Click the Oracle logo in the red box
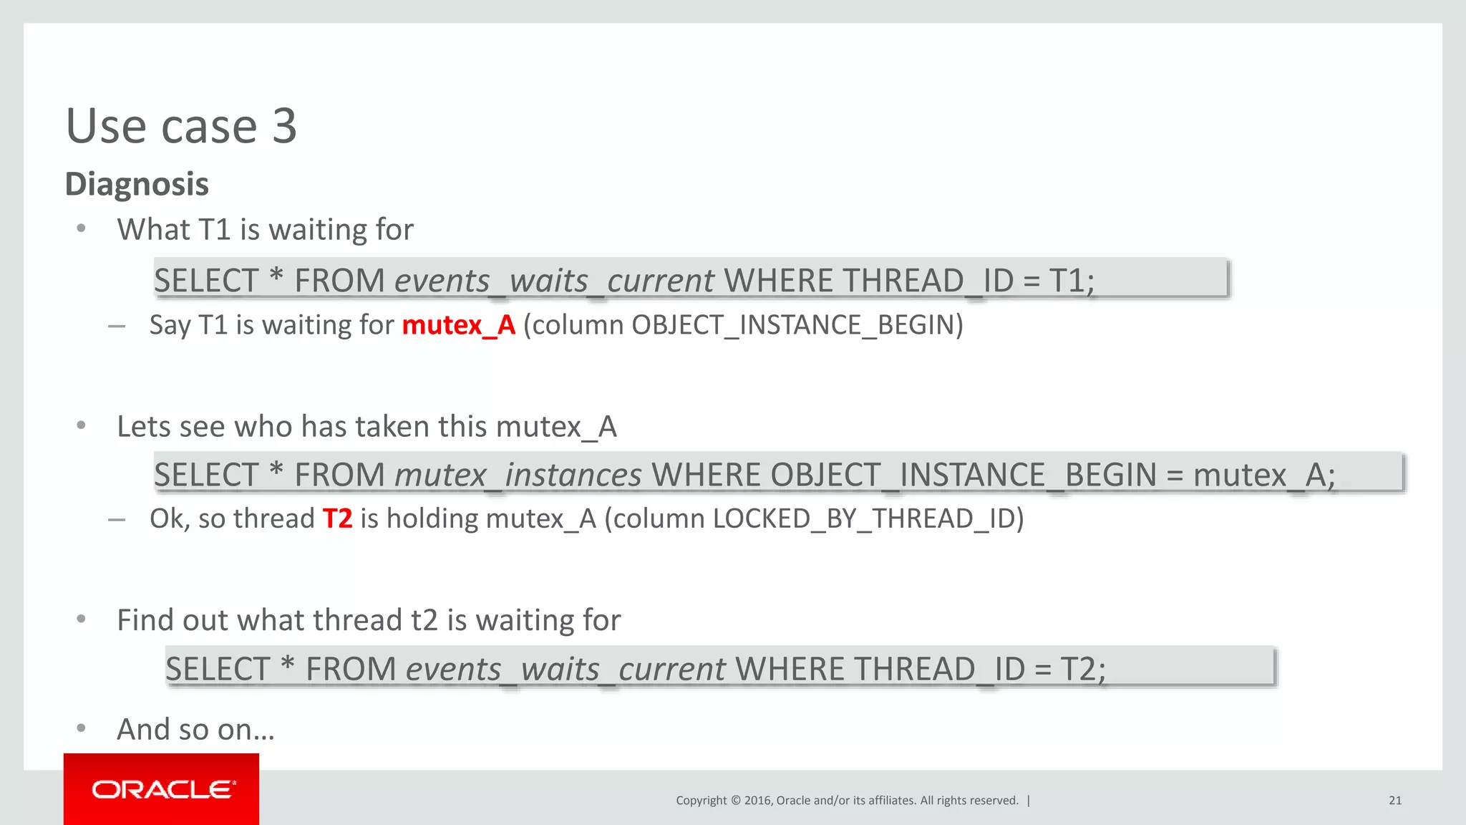(x=163, y=789)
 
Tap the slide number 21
(x=1395, y=801)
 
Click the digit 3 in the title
(x=284, y=126)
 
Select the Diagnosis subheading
(x=137, y=184)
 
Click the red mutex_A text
(x=459, y=325)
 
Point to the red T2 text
(x=337, y=518)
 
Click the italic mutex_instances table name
(x=518, y=475)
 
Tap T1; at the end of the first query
(x=1072, y=280)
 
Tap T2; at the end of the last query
(x=1082, y=669)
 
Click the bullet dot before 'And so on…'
(x=82, y=728)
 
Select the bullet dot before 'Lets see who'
(x=82, y=425)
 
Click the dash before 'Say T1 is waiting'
(x=117, y=326)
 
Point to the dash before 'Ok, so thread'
(x=117, y=519)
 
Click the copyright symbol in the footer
(x=735, y=801)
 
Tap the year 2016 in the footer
(x=757, y=801)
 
